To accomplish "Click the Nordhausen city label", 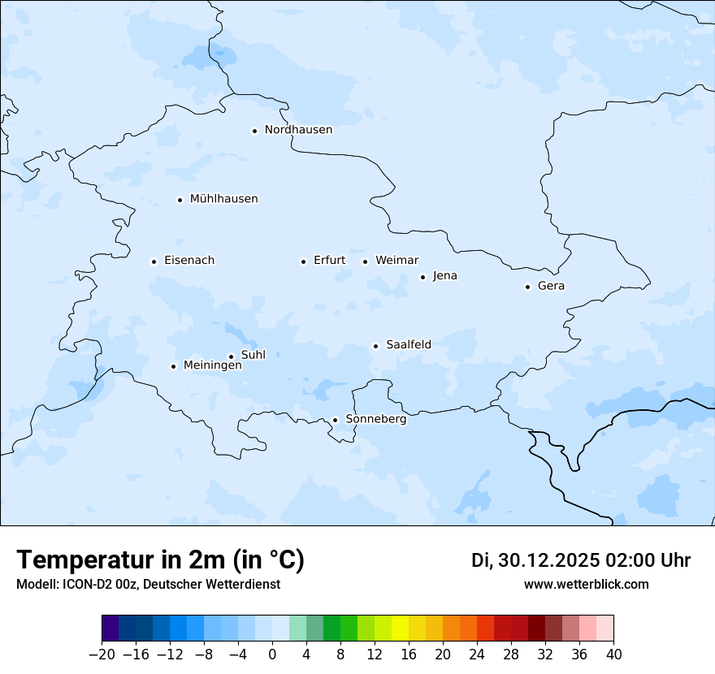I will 298,130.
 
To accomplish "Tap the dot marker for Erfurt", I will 303,261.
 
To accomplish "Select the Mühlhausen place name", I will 223,199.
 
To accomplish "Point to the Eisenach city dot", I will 154,261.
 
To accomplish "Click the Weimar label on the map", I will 396,261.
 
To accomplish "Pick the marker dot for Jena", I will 422,277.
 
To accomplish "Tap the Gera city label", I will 551,286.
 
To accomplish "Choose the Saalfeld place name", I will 409,345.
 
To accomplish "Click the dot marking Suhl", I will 231,356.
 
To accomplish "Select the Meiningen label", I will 212,366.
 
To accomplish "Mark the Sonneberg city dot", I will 335,420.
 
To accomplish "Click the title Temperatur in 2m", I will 160,560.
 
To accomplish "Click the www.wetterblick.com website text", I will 586,585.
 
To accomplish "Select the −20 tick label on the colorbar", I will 102,655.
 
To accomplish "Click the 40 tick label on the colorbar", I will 613,655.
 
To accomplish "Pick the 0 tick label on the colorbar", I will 272,655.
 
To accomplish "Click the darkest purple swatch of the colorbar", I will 110,629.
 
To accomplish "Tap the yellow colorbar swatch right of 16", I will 417,629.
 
